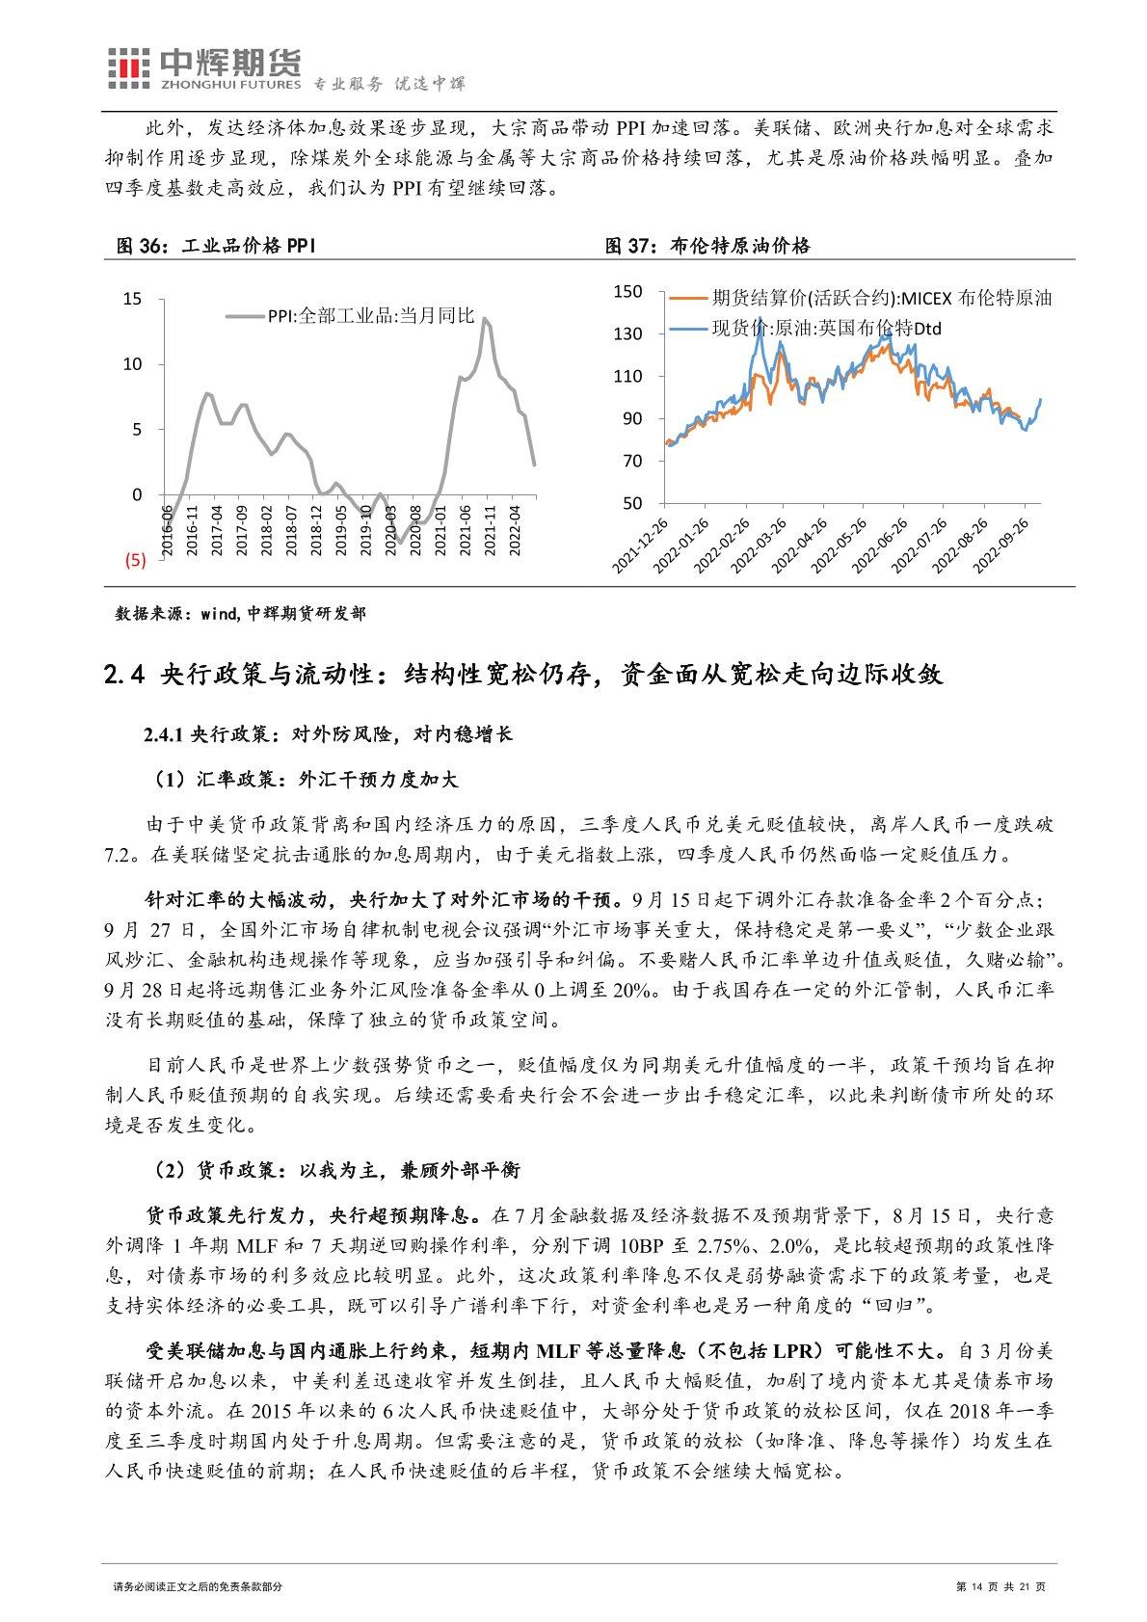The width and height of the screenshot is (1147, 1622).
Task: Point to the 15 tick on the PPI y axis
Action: coord(132,299)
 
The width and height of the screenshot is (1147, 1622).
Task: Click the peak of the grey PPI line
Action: coord(484,318)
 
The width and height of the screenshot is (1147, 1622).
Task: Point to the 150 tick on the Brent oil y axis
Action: coord(627,291)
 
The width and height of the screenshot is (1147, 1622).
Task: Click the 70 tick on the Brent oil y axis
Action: coord(631,461)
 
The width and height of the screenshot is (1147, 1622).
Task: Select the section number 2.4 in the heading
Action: coord(123,674)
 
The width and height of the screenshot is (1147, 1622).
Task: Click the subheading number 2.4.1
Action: coord(162,734)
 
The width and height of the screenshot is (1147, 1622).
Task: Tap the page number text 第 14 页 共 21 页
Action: coord(1000,1586)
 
